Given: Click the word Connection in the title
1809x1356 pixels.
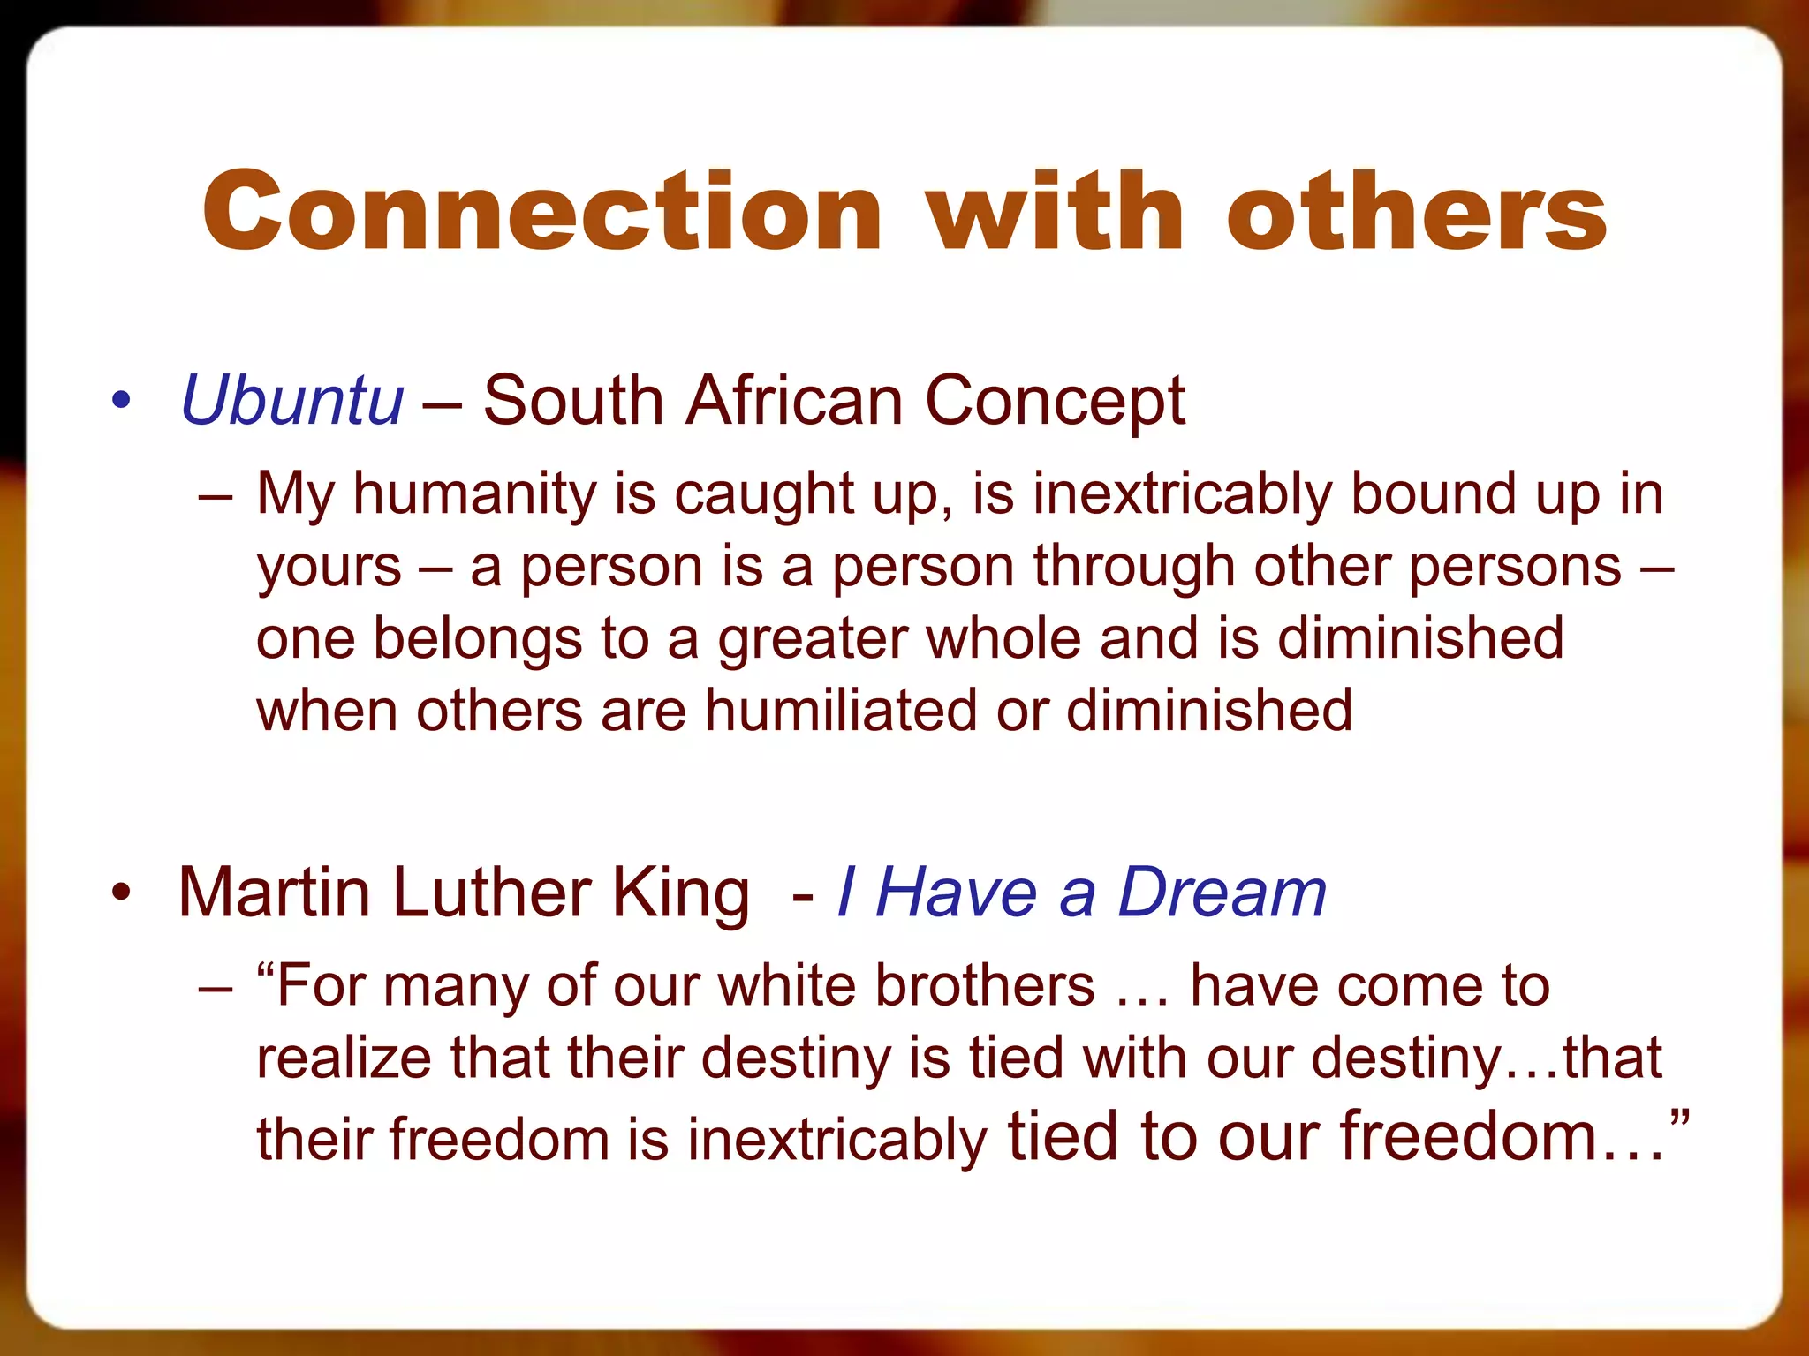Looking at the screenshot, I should tap(542, 212).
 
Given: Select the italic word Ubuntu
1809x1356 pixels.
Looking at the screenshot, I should tap(292, 401).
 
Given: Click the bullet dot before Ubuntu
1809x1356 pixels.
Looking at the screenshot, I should tap(121, 400).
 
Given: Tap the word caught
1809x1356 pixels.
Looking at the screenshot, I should tap(763, 494).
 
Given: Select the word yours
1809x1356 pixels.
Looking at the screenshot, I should tap(329, 568).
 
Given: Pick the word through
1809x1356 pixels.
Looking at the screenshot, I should tap(1134, 568).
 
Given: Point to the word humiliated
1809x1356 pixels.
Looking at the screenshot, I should tap(840, 711).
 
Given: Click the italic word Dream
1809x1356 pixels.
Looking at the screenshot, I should tap(1222, 893).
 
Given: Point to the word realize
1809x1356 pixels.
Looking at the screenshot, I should tap(344, 1058).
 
